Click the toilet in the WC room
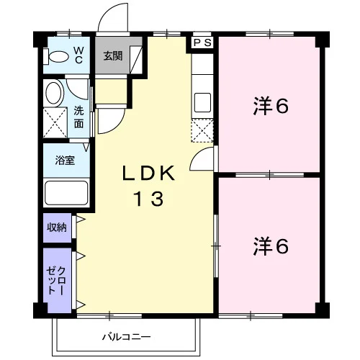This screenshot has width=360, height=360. click(x=56, y=57)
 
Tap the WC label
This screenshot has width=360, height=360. click(x=78, y=55)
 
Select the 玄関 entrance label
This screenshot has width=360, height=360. click(x=113, y=56)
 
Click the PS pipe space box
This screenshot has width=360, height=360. click(x=203, y=43)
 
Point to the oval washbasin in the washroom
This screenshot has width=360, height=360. click(x=55, y=93)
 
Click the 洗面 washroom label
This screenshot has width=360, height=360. click(x=78, y=117)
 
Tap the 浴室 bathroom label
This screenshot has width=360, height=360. click(x=65, y=160)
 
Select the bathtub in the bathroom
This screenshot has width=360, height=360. click(x=66, y=193)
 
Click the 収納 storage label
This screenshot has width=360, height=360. click(x=57, y=227)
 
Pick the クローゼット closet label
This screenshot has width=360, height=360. click(x=56, y=280)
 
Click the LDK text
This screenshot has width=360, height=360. click(x=149, y=174)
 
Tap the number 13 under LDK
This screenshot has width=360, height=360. click(x=149, y=199)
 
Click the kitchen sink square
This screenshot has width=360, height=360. click(x=202, y=102)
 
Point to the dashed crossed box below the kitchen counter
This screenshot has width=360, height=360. click(x=202, y=130)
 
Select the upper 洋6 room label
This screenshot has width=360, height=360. click(x=271, y=106)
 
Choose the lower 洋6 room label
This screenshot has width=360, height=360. click(x=271, y=246)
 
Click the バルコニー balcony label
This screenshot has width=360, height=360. click(x=127, y=337)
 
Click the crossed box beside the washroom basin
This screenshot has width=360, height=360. click(x=55, y=122)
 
